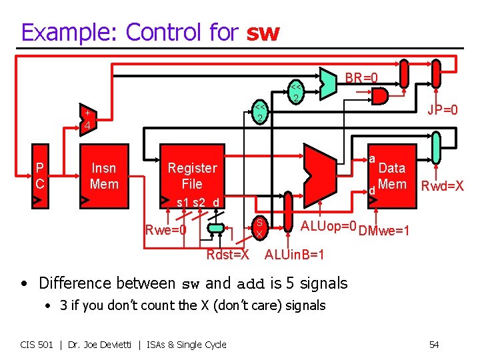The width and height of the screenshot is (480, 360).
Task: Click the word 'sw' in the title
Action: pos(263,32)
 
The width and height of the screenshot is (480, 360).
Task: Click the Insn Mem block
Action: pos(104,176)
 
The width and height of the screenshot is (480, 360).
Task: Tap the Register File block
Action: pos(192,176)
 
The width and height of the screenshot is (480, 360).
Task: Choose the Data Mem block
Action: pos(391,176)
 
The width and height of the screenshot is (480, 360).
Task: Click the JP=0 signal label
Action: pos(443,109)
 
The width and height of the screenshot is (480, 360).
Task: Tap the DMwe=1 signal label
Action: pos(383,231)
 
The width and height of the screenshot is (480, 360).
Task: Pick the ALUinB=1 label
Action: pos(295,255)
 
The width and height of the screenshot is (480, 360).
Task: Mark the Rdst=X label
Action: pos(228,255)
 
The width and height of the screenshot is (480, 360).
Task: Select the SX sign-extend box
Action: pos(259,228)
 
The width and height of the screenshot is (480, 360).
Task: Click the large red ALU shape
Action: pos(315,173)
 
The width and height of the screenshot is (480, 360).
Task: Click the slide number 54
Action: pos(433,345)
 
